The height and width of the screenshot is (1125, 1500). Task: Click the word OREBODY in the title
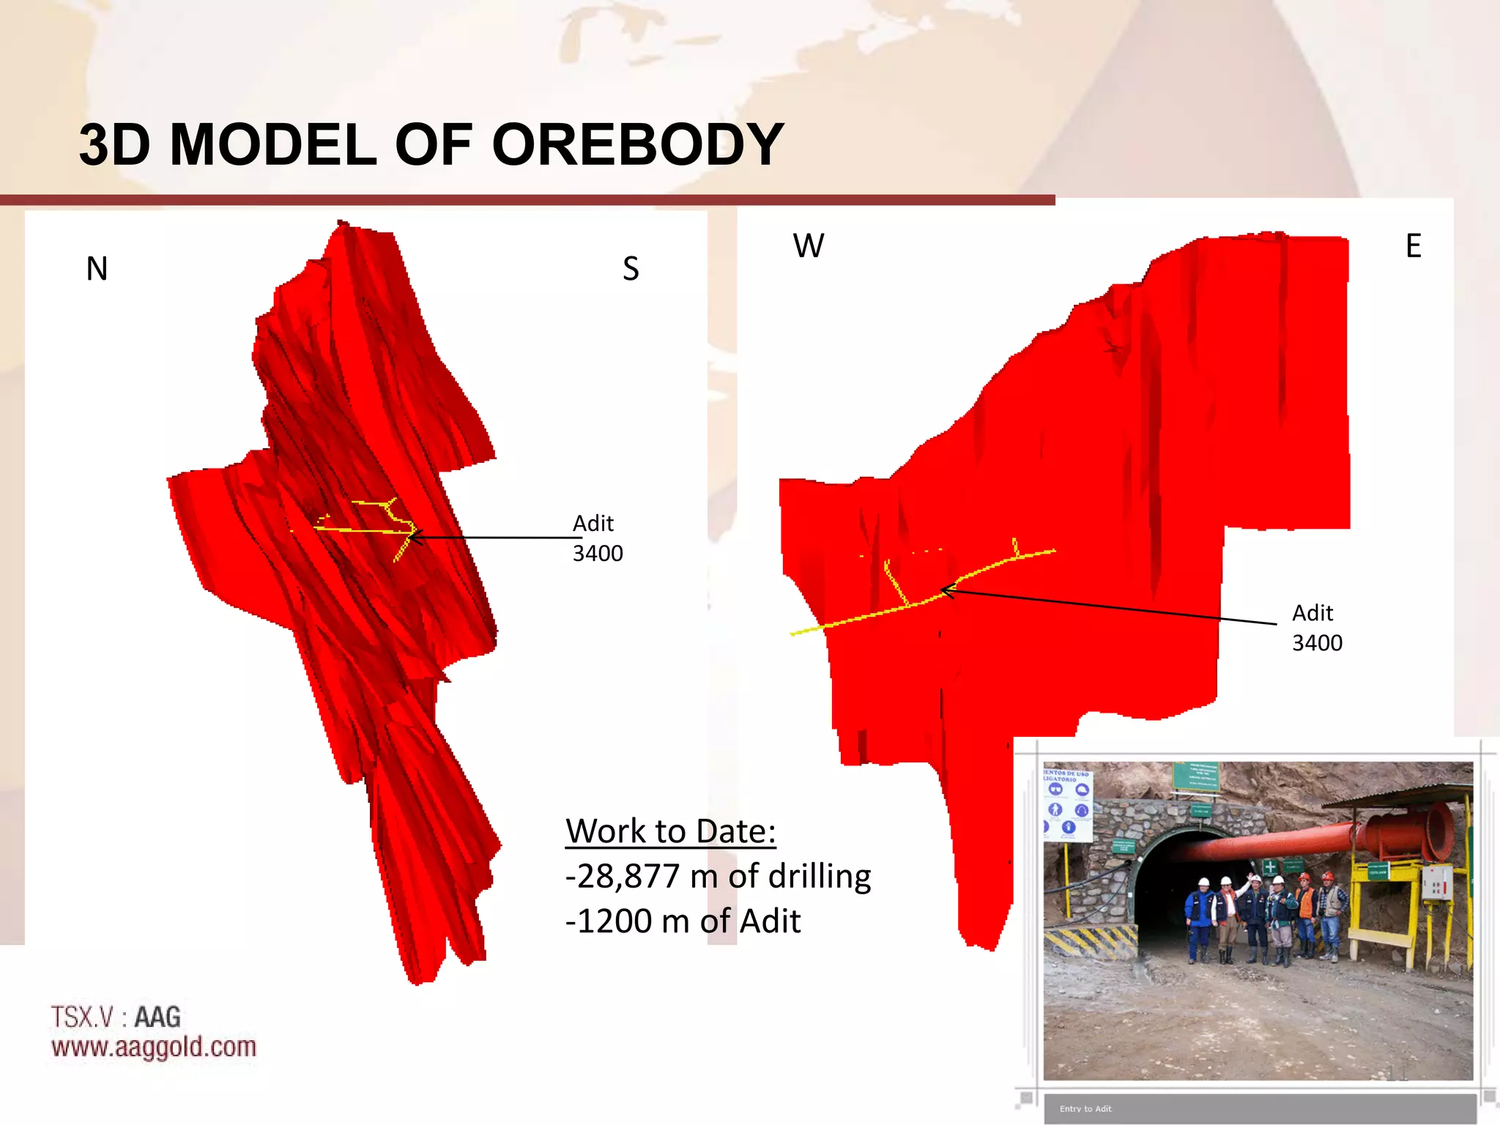click(637, 145)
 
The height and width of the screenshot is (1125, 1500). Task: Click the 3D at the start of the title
click(114, 145)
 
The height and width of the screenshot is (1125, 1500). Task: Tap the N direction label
click(97, 269)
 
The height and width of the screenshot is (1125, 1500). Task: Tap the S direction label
click(631, 269)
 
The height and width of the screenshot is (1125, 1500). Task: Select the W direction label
click(808, 246)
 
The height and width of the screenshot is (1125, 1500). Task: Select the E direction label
click(1413, 246)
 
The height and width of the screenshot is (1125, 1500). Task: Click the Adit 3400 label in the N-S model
click(597, 538)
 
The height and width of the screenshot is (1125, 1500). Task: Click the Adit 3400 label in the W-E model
click(1316, 628)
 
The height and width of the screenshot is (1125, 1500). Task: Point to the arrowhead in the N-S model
click(414, 538)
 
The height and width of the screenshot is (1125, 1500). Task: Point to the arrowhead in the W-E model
click(946, 590)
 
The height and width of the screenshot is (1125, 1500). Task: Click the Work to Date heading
click(670, 831)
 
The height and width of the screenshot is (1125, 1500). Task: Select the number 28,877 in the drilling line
click(628, 877)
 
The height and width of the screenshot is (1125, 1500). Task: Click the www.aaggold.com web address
click(154, 1047)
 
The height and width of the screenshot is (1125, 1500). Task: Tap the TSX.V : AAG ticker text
click(116, 1017)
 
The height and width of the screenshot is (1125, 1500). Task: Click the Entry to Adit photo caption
click(1085, 1109)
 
